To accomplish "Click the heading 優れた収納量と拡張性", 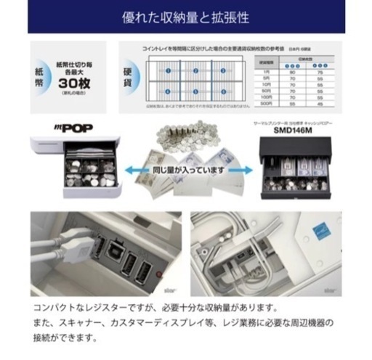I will click(x=185, y=16).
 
